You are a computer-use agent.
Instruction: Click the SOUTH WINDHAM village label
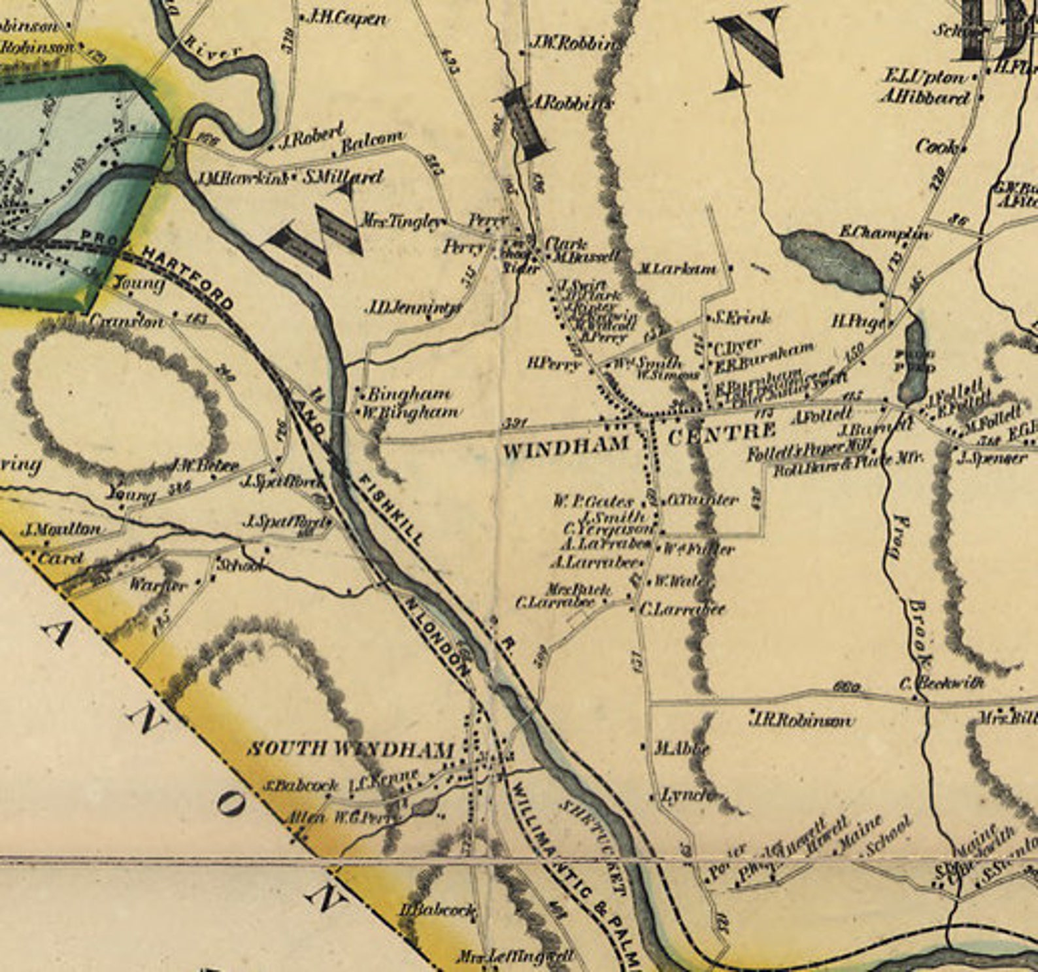350,749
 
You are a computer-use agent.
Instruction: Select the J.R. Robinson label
801,720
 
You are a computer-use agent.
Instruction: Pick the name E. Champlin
884,232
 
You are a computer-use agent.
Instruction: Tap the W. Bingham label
410,412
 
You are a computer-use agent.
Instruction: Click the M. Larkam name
677,269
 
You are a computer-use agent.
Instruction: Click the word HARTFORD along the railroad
188,277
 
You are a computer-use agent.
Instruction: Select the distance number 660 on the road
846,687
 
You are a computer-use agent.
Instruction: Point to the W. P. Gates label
594,502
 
